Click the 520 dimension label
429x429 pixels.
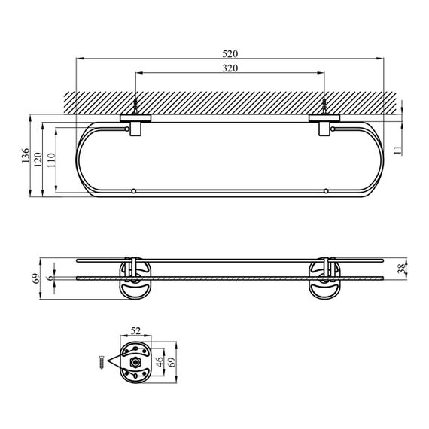[230, 54]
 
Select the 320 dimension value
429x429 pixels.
[230, 68]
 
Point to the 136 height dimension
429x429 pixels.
[25, 155]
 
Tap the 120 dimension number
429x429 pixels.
[38, 160]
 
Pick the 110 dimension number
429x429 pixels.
[51, 160]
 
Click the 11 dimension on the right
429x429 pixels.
[397, 151]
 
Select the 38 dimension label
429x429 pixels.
[401, 269]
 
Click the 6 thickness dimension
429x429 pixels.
[50, 278]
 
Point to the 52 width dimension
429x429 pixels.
[135, 331]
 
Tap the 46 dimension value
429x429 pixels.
[160, 361]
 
